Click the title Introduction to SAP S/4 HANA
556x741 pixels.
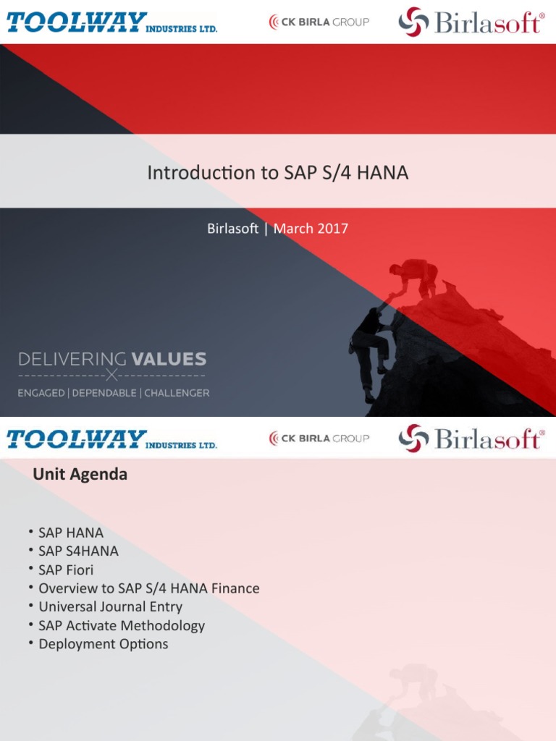tap(278, 173)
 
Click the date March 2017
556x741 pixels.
tap(311, 229)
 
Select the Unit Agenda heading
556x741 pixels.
tap(80, 475)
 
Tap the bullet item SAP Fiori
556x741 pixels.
tap(66, 569)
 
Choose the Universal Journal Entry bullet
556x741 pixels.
tap(110, 606)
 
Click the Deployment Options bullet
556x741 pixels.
tap(103, 644)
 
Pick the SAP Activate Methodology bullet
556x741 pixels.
tap(122, 625)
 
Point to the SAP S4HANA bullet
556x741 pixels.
tap(78, 551)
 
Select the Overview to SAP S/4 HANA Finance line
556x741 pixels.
tap(148, 588)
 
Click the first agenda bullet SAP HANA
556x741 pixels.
tap(71, 533)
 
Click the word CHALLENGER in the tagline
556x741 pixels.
tap(177, 393)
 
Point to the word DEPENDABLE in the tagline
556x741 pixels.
tap(105, 393)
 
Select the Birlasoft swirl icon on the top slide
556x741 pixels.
tap(413, 22)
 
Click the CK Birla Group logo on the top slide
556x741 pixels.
tap(319, 22)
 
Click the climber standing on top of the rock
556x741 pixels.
tap(416, 277)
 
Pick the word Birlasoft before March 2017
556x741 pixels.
tap(232, 229)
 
